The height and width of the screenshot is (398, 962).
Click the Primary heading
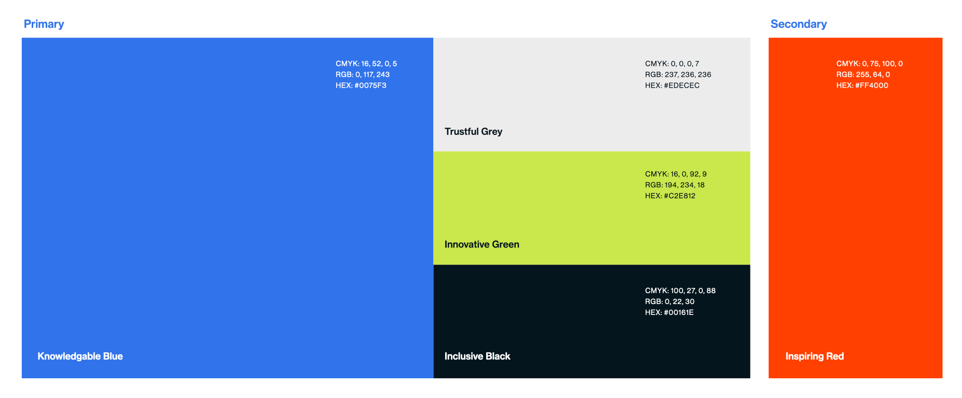pyautogui.click(x=44, y=24)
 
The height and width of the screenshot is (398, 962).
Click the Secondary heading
pyautogui.click(x=798, y=24)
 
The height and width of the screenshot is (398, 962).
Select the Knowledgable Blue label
pyautogui.click(x=80, y=356)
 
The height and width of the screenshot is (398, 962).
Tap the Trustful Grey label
pyautogui.click(x=473, y=132)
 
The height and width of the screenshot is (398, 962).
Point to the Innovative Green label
pyautogui.click(x=482, y=244)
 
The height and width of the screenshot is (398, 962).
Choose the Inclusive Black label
pyautogui.click(x=477, y=356)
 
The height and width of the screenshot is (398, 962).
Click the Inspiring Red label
pyautogui.click(x=814, y=356)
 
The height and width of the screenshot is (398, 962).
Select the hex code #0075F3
pyautogui.click(x=370, y=86)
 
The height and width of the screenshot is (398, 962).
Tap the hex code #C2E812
pyautogui.click(x=679, y=196)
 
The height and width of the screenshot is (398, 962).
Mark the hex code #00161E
pyautogui.click(x=679, y=312)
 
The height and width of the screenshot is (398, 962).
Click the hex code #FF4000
pyautogui.click(x=872, y=86)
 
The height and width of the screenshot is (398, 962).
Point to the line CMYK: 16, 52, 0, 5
pyautogui.click(x=366, y=64)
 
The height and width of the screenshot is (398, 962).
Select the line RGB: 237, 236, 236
pyautogui.click(x=678, y=75)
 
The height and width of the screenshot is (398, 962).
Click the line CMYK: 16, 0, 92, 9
pyautogui.click(x=676, y=174)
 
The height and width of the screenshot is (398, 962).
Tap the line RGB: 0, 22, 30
pyautogui.click(x=670, y=301)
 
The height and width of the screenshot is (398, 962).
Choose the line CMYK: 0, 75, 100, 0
pyautogui.click(x=870, y=64)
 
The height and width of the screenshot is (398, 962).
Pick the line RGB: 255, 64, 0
pyautogui.click(x=863, y=75)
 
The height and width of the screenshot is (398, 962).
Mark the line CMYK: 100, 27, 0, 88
pyautogui.click(x=680, y=291)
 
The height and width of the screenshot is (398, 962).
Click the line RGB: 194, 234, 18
pyautogui.click(x=675, y=185)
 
